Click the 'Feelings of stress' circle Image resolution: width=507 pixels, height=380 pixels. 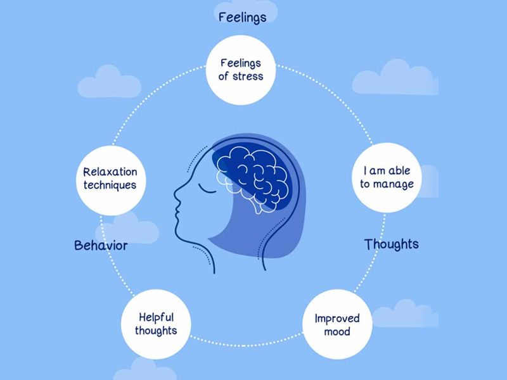(x=241, y=70)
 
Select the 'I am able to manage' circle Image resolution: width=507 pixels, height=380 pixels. (x=387, y=178)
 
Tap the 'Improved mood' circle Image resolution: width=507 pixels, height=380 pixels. (x=337, y=324)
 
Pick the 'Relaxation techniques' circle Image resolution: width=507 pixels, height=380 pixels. (x=110, y=179)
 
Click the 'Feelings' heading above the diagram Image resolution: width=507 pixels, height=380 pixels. (x=242, y=18)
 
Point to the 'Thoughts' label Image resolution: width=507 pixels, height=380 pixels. (x=391, y=244)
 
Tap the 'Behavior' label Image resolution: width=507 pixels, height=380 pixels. (x=101, y=245)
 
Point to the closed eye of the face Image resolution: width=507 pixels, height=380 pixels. (x=204, y=188)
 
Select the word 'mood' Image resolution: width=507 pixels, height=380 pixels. (x=337, y=331)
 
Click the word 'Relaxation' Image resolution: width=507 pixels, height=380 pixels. (x=110, y=172)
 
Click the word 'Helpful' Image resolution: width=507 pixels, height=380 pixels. (x=156, y=317)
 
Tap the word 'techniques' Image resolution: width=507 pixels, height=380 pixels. (x=110, y=186)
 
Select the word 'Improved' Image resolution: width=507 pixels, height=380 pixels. (x=337, y=318)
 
